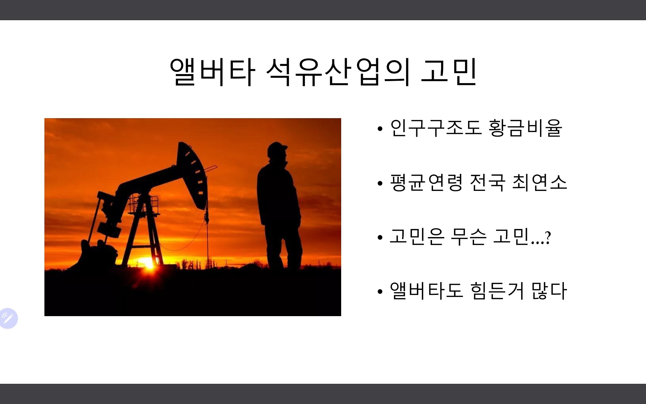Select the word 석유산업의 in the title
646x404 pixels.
(x=338, y=72)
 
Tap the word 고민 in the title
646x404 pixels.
(x=449, y=72)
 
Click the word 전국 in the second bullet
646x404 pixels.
(x=488, y=183)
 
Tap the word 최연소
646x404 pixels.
(x=540, y=183)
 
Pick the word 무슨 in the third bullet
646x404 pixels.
(x=468, y=237)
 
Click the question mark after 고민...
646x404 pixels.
(x=548, y=238)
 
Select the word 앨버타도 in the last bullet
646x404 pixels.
(x=427, y=291)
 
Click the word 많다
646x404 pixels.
(x=549, y=291)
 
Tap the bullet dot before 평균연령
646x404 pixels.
(x=380, y=183)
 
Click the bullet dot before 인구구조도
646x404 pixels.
(x=380, y=129)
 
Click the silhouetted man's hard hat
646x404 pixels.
(x=277, y=148)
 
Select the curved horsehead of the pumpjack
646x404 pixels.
(x=192, y=173)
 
